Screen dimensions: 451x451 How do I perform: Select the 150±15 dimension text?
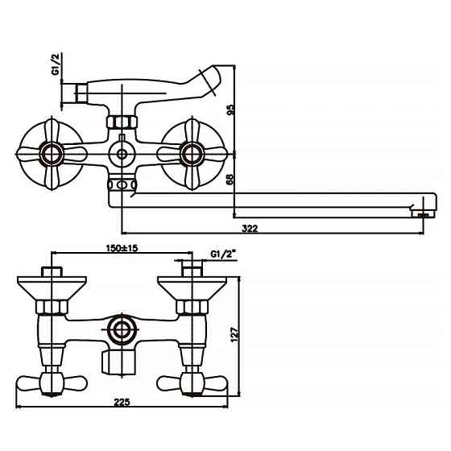pos(122,249)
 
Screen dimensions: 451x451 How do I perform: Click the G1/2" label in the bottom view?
pos(221,254)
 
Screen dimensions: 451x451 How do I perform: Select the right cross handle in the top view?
pos(191,151)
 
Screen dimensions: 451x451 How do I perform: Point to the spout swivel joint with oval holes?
pos(122,185)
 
